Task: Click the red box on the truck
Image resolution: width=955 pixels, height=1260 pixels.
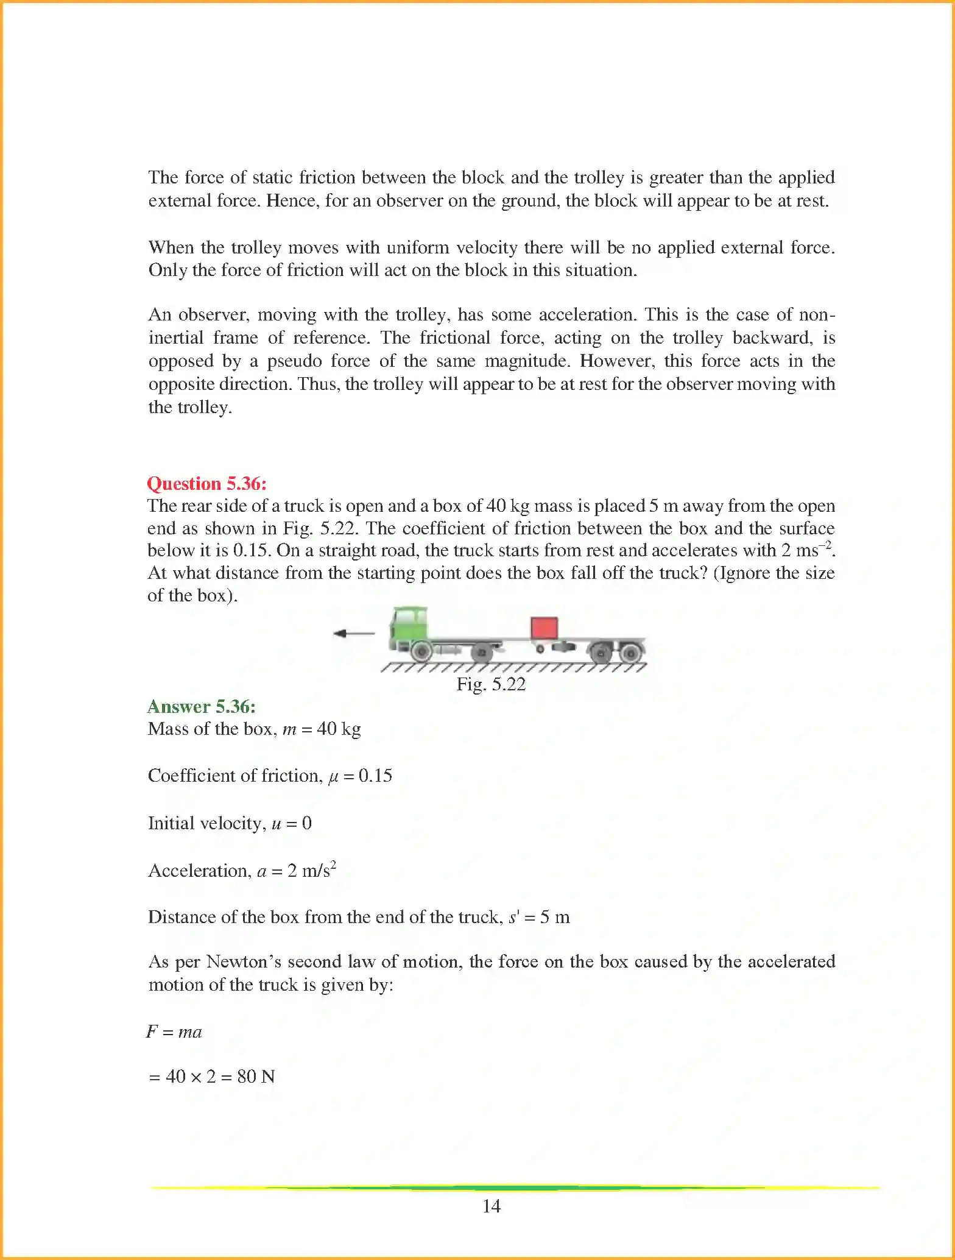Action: click(544, 628)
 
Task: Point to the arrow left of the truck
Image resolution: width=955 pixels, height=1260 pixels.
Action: click(353, 634)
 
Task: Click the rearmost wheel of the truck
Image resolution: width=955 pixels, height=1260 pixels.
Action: click(631, 654)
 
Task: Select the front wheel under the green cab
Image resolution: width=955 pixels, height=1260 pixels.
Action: click(420, 653)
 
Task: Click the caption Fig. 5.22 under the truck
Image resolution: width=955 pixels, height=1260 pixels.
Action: click(491, 684)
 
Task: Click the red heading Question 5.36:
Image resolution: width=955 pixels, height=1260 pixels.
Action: click(207, 484)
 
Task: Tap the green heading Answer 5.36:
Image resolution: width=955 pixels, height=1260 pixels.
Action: click(202, 707)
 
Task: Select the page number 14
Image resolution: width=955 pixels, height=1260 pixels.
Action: click(491, 1206)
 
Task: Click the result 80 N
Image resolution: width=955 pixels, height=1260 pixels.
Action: click(256, 1077)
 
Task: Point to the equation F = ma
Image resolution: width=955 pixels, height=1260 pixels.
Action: click(174, 1032)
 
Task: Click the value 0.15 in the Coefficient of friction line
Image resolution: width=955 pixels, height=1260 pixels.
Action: click(375, 776)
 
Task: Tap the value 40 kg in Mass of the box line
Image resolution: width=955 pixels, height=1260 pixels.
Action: click(339, 729)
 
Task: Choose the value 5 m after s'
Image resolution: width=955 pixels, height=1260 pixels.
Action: click(554, 917)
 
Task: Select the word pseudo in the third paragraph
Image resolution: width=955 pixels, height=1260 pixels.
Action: click(294, 361)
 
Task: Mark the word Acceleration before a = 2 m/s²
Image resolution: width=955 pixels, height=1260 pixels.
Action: click(199, 871)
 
